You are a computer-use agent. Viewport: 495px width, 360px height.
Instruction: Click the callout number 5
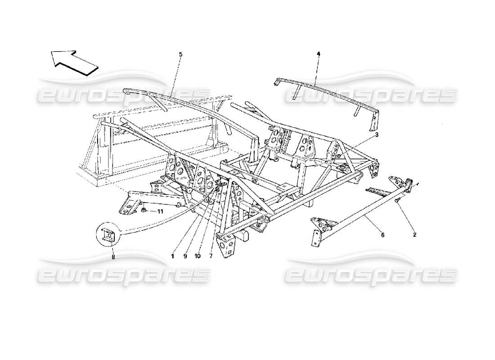tap(180, 54)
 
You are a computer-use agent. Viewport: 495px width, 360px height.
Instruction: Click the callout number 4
tap(318, 54)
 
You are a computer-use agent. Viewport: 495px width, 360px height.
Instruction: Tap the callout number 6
tap(382, 234)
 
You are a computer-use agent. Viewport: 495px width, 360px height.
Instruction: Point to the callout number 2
tap(414, 234)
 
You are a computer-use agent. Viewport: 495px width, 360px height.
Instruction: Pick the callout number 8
tap(113, 257)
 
